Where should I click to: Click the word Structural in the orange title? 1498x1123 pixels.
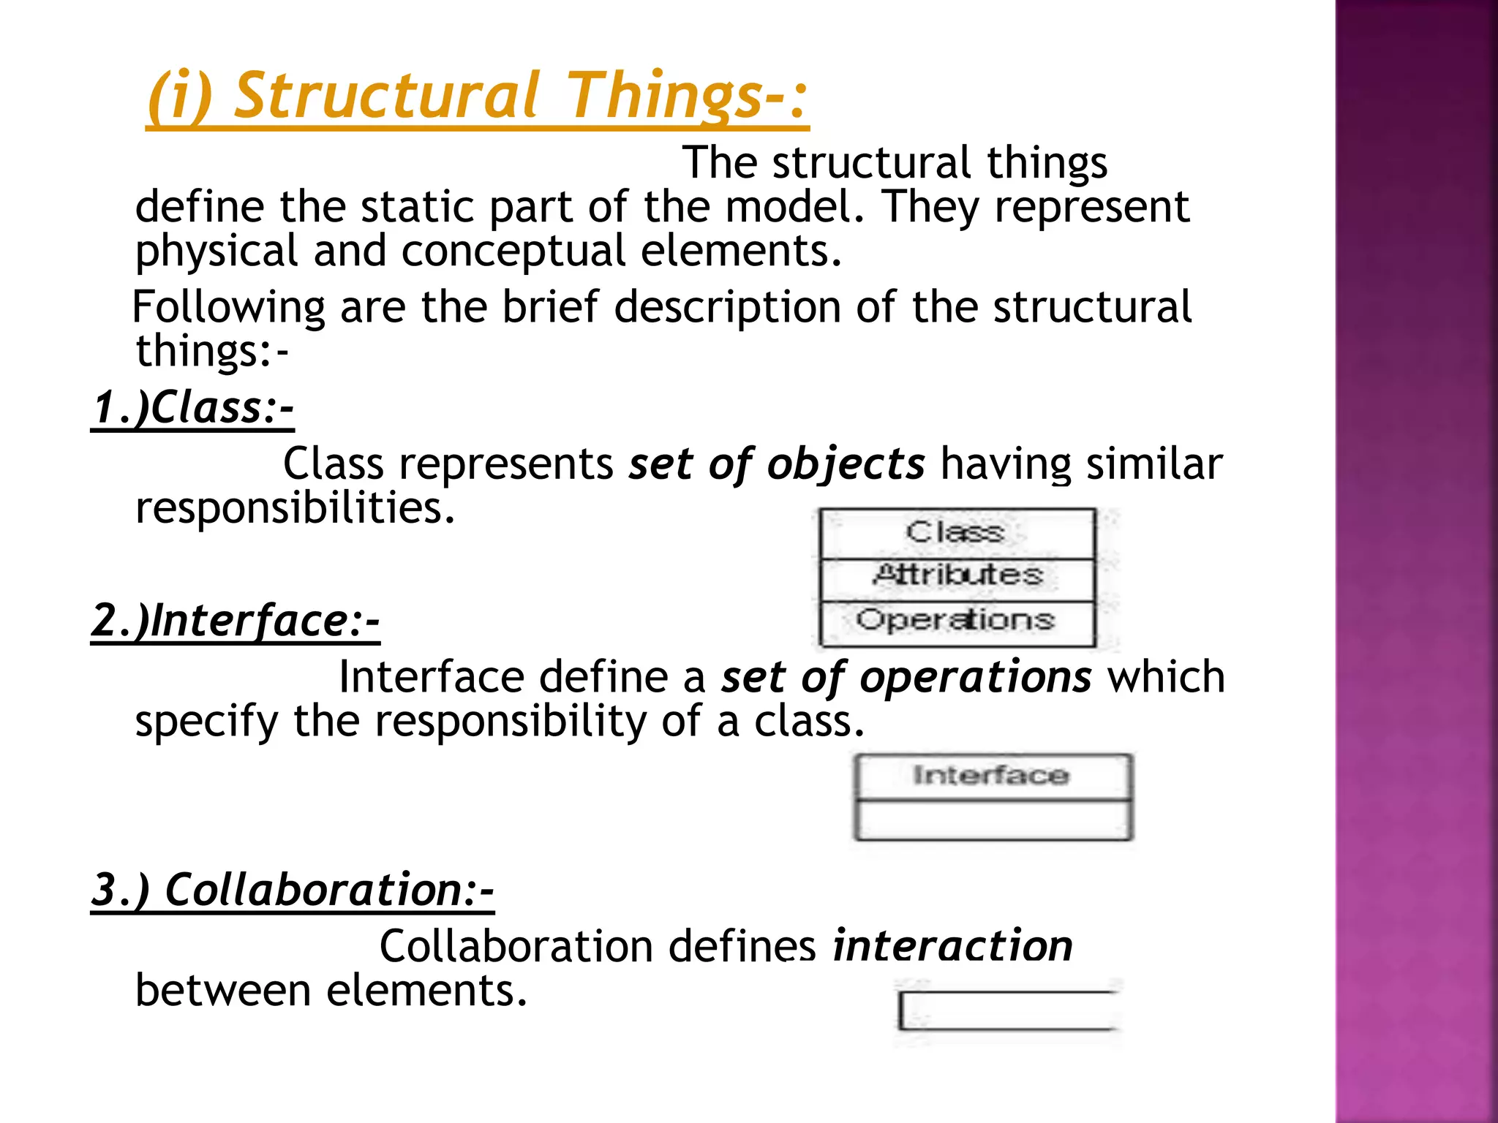point(386,95)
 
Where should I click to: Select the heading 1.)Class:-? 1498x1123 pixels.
point(192,407)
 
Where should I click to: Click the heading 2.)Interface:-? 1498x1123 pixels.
point(236,621)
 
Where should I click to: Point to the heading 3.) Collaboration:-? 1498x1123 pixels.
point(293,890)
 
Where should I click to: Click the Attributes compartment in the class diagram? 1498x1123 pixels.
point(957,575)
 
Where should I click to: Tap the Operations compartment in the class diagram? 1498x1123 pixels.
point(957,621)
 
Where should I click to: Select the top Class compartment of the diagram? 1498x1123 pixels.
point(957,532)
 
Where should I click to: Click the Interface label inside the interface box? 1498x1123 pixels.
point(992,776)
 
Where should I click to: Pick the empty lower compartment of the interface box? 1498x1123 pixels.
point(993,820)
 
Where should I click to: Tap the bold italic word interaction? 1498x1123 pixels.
point(952,946)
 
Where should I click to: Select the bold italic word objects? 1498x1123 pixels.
point(846,464)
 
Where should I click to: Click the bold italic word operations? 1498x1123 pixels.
point(976,677)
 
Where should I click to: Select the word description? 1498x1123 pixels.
point(727,306)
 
